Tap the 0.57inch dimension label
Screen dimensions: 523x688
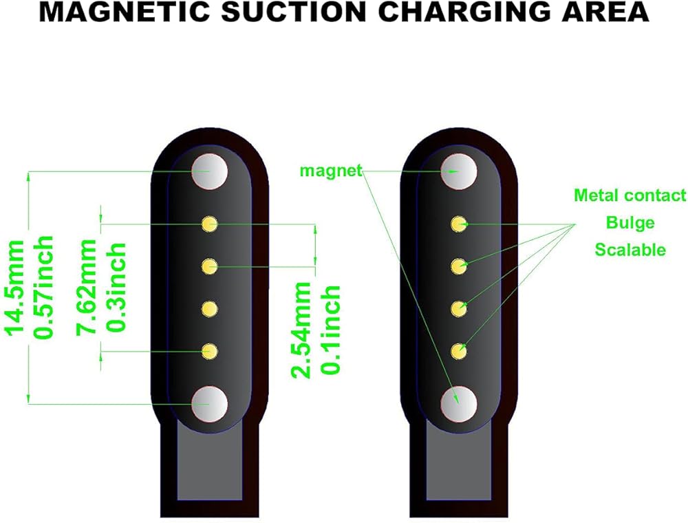click(45, 286)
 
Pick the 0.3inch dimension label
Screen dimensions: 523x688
click(116, 286)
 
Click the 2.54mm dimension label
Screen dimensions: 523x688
click(303, 329)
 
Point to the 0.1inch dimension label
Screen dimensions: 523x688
click(331, 329)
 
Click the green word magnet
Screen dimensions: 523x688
click(330, 170)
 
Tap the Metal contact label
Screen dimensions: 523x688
click(630, 195)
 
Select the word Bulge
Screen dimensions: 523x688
click(630, 222)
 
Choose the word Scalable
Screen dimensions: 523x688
click(630, 249)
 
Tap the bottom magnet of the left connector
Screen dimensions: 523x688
click(209, 403)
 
